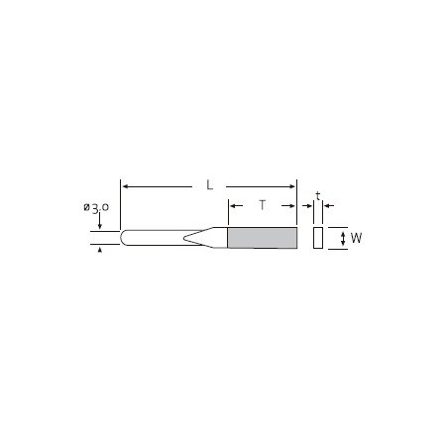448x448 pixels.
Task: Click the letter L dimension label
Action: click(x=209, y=185)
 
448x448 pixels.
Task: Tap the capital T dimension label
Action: click(x=263, y=205)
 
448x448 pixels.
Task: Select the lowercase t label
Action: click(x=318, y=196)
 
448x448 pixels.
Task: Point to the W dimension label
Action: click(x=356, y=238)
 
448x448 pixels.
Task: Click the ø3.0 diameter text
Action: click(x=96, y=208)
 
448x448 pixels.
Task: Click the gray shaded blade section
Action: click(x=263, y=238)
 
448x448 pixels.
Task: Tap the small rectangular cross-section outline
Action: click(x=318, y=238)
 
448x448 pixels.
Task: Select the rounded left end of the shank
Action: click(x=123, y=238)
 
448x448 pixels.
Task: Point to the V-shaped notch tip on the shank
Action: click(x=184, y=238)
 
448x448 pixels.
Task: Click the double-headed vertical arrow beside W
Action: click(x=343, y=239)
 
